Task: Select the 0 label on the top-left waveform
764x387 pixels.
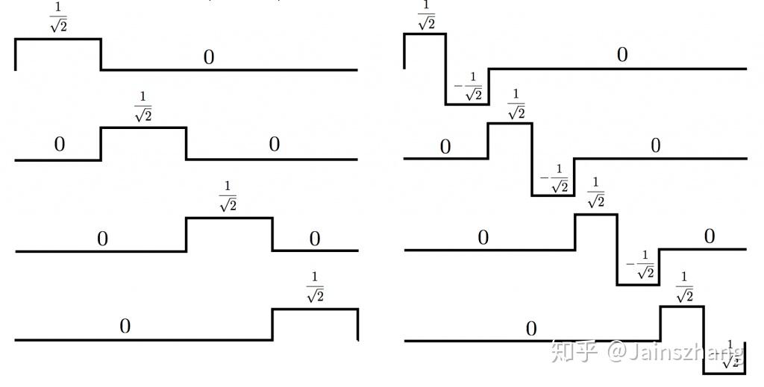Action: click(x=209, y=57)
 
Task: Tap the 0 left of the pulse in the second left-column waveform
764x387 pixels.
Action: click(x=60, y=145)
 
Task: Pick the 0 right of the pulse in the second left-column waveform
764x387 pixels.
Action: click(x=274, y=145)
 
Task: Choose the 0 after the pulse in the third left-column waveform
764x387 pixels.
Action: click(x=315, y=239)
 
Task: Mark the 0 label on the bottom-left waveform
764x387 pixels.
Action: click(x=125, y=326)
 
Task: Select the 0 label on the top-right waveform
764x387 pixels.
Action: click(x=621, y=55)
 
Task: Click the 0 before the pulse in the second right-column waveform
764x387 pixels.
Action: click(x=445, y=147)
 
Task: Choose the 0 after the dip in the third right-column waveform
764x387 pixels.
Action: click(x=709, y=236)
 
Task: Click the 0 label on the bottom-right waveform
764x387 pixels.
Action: click(x=530, y=329)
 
